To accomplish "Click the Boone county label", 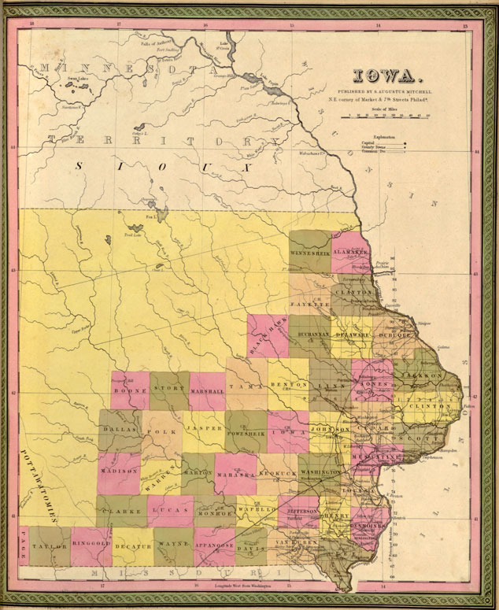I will [x=131, y=390].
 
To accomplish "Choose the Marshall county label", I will [x=208, y=390].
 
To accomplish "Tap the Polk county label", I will [x=161, y=432].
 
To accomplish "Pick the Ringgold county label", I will [x=91, y=543].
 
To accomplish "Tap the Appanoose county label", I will [x=215, y=543].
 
